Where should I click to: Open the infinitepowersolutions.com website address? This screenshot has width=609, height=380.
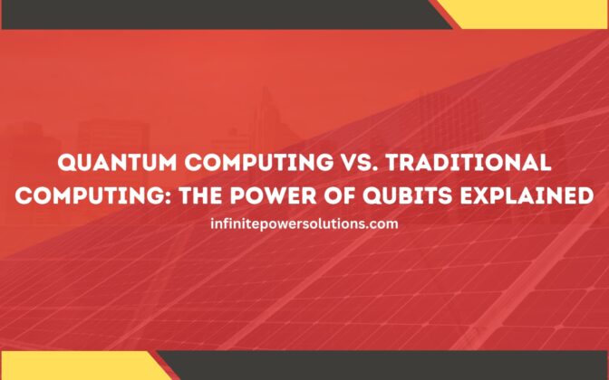tap(304, 223)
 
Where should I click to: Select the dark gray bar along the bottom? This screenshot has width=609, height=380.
tap(381, 366)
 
